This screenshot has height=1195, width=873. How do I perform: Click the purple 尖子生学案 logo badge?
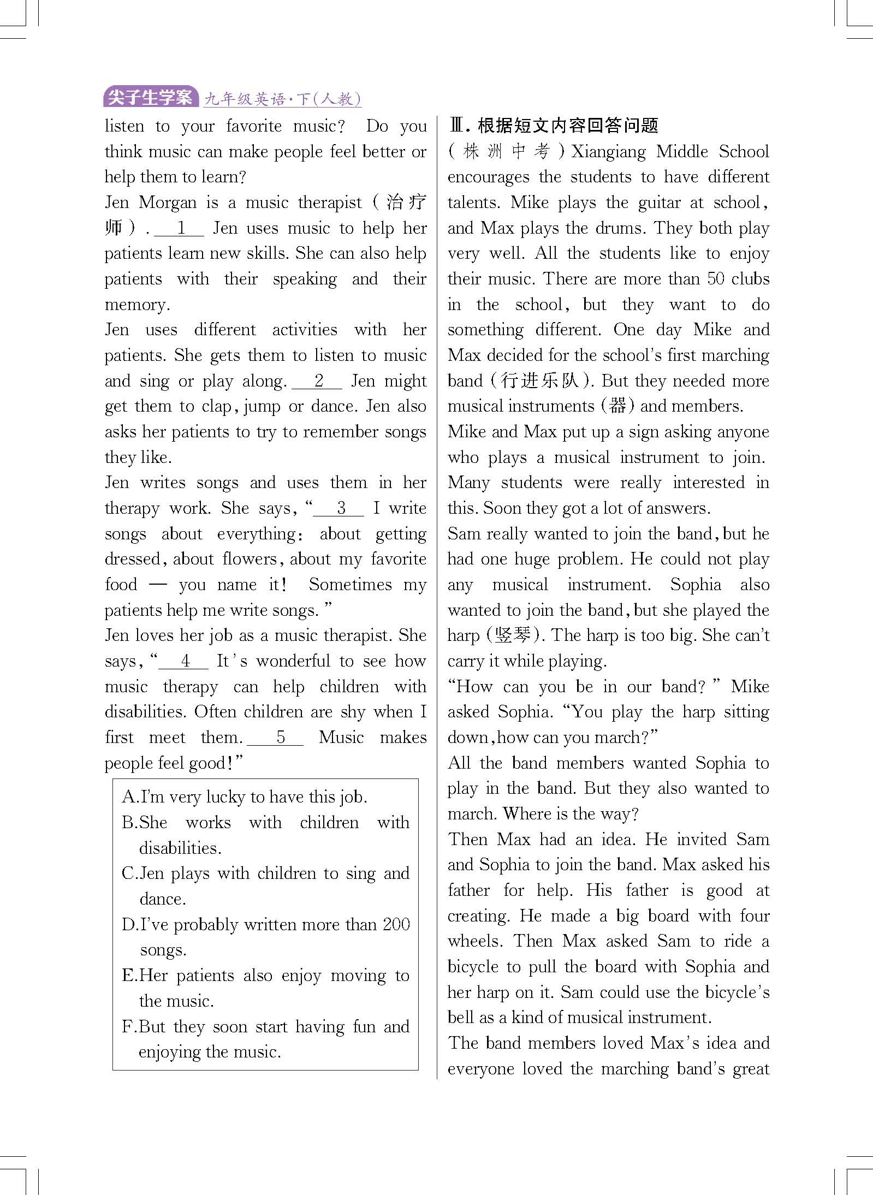[x=150, y=98]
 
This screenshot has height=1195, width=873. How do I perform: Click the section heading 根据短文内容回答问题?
[x=568, y=126]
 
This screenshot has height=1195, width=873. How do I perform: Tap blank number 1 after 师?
[x=180, y=228]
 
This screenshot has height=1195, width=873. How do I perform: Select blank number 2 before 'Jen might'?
[x=318, y=381]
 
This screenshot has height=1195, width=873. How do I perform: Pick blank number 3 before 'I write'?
[x=339, y=508]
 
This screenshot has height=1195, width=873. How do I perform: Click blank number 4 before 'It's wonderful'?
[x=184, y=661]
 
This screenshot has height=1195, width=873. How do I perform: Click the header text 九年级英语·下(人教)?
[x=282, y=99]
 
